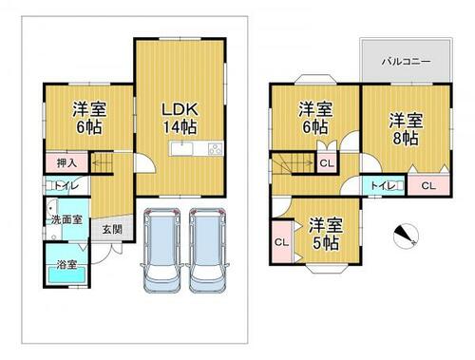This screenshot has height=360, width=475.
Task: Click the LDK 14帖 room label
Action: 180,118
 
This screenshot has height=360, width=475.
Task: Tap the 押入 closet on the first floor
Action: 66,162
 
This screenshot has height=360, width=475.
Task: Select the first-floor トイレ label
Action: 66,185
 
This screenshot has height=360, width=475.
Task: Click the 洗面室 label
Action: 66,219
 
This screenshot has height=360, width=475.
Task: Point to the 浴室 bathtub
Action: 66,275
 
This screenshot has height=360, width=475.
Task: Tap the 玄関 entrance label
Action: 112,229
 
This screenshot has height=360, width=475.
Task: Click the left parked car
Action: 161,250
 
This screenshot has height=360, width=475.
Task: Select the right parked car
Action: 208,250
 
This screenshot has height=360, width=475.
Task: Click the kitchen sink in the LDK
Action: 182,148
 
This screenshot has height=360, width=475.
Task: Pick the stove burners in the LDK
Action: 216,148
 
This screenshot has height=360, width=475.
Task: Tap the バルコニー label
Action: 406,61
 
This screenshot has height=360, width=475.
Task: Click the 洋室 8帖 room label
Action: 406,129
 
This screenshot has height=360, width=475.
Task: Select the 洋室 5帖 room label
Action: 326,234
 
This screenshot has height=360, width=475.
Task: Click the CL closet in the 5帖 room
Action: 282,242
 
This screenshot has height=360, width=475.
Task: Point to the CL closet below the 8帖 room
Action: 428,185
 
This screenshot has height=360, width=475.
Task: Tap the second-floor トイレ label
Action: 383,185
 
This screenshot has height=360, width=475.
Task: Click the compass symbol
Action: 406,236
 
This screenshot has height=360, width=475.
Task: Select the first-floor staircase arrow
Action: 103,163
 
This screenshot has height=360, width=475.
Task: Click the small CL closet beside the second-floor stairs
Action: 327,163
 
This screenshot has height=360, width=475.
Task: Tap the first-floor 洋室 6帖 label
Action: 89,118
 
